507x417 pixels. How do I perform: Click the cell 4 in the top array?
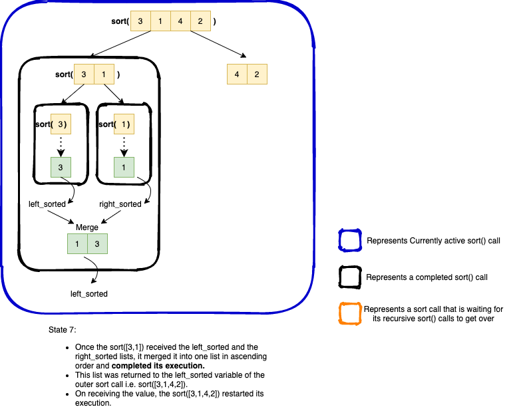(180, 21)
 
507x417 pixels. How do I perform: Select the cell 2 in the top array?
(200, 21)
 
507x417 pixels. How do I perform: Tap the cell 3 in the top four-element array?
(140, 21)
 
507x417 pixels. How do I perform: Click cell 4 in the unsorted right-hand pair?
(237, 74)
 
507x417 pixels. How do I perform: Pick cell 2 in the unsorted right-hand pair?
(257, 74)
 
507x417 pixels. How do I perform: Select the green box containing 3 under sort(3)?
(61, 168)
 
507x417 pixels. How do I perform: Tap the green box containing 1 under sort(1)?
(124, 168)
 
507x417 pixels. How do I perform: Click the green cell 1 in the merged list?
(77, 244)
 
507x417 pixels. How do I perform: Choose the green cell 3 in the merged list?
(97, 244)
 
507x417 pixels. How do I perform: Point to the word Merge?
(87, 227)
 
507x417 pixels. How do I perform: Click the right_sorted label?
(120, 204)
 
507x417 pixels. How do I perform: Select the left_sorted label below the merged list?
(89, 293)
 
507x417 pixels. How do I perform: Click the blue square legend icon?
(349, 240)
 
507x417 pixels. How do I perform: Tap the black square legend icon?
(349, 277)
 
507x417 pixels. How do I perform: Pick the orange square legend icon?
(349, 314)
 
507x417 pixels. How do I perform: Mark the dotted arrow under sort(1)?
(124, 146)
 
